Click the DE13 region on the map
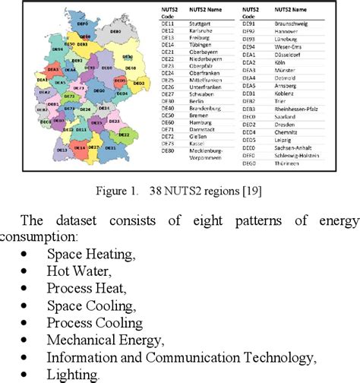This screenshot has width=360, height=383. (62, 149)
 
